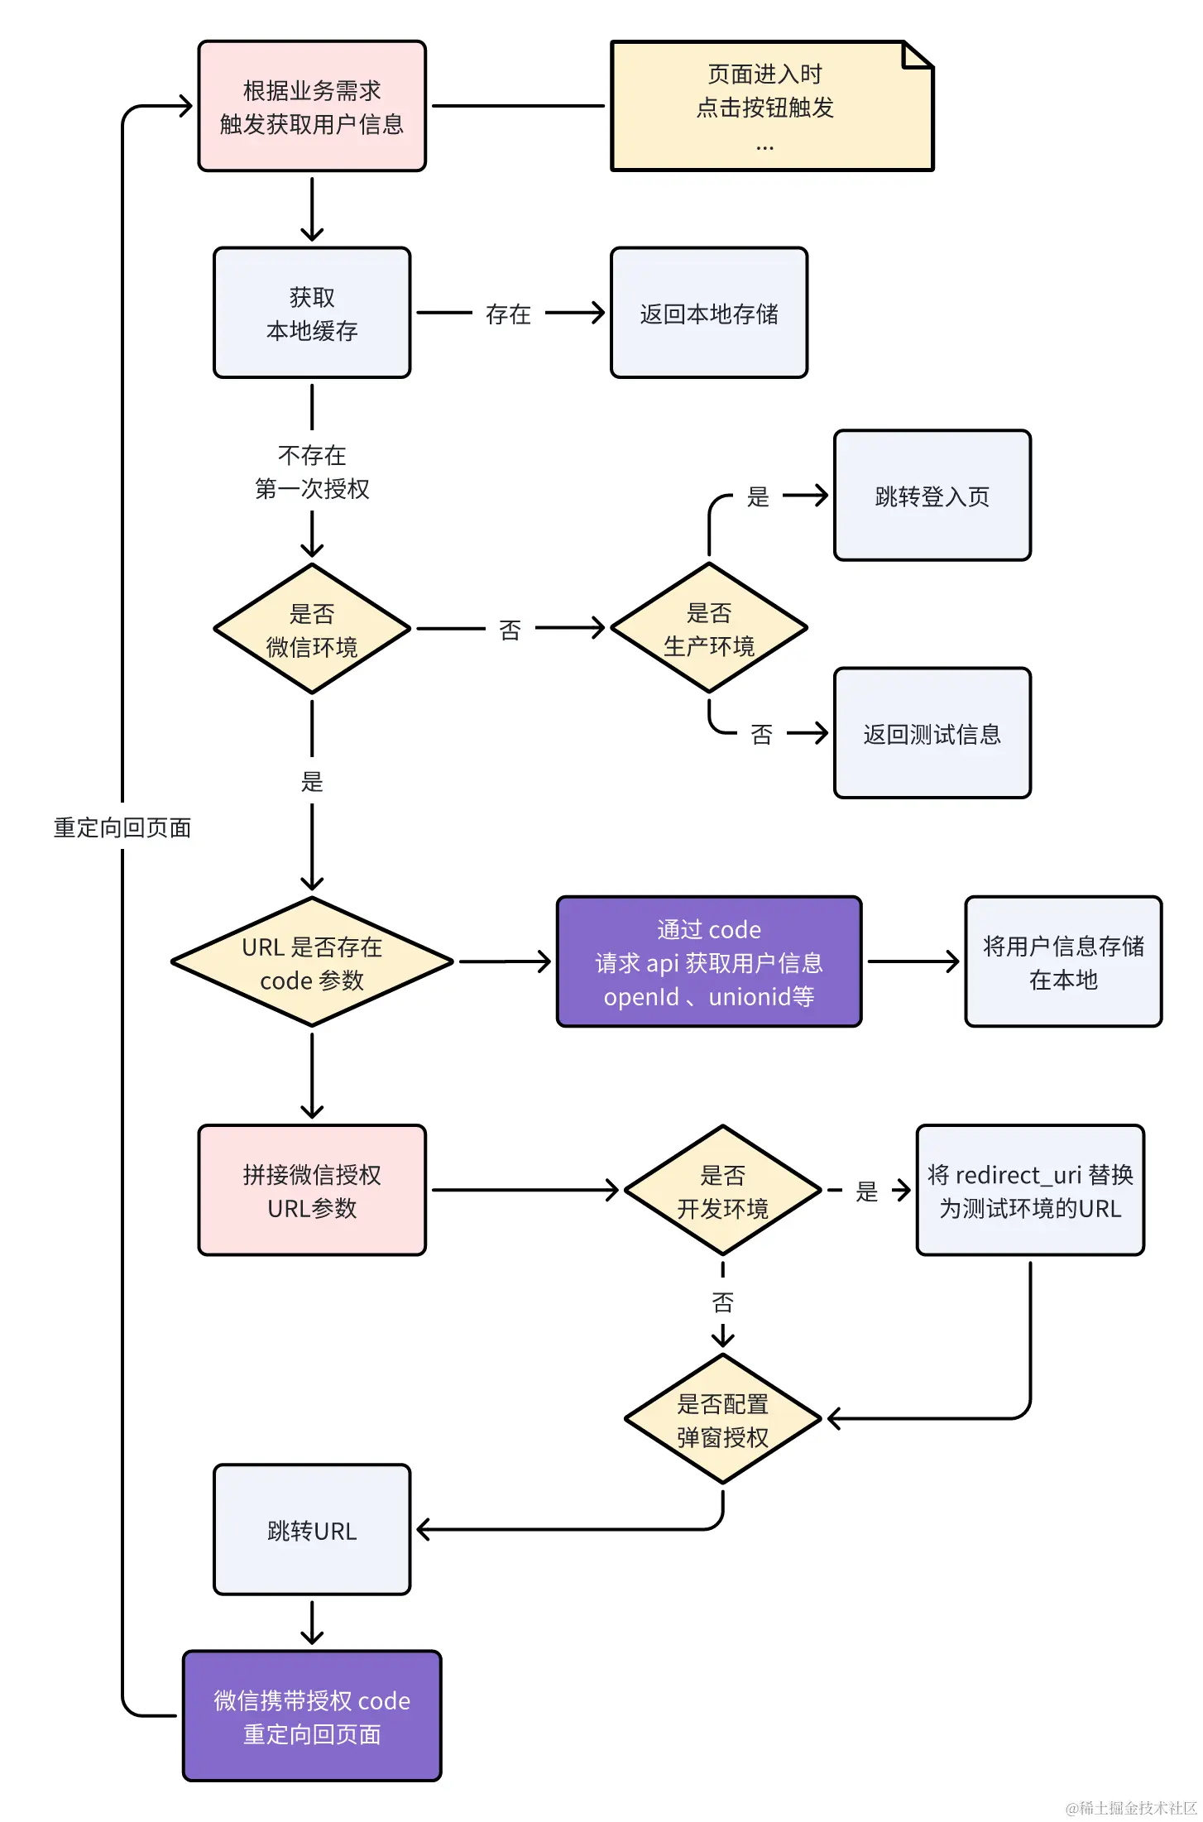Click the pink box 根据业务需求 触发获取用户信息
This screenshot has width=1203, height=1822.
coord(312,106)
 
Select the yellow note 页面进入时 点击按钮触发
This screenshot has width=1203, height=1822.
coord(771,106)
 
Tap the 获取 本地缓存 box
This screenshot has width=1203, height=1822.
coord(312,313)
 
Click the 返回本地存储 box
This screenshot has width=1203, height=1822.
coord(709,313)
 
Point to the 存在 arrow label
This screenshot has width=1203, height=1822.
coord(508,314)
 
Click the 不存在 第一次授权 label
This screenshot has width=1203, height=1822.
coord(312,472)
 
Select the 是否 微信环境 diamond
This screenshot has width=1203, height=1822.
coord(312,629)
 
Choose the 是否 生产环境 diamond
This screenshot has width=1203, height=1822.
coord(709,628)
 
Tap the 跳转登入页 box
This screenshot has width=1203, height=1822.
coord(932,496)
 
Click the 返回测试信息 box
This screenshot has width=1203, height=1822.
coord(932,733)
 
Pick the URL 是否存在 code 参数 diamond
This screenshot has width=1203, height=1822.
coord(312,962)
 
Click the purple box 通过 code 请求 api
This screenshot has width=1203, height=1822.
coord(709,962)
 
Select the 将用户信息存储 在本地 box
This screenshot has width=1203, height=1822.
coord(1063,962)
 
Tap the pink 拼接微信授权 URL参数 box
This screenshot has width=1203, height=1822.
coord(312,1191)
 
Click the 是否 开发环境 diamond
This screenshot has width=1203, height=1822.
coord(722,1191)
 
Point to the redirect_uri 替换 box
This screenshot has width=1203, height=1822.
coord(1030,1191)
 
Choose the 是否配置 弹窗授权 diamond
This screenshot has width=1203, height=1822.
coord(722,1420)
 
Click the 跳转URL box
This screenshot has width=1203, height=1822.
coord(312,1530)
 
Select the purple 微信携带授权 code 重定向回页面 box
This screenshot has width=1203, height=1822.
coord(312,1716)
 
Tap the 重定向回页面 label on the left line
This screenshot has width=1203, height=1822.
coord(122,827)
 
